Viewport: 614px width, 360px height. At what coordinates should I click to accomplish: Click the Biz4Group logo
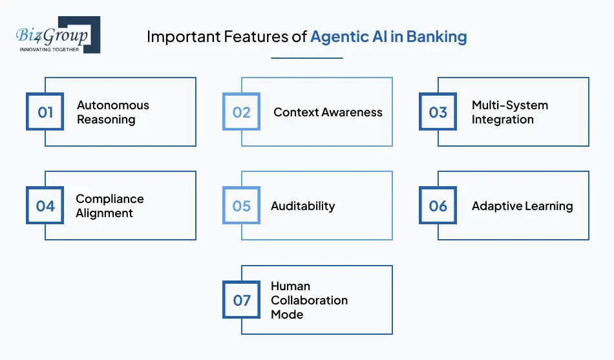pyautogui.click(x=57, y=35)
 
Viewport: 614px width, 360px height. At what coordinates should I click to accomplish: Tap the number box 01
pyautogui.click(x=45, y=112)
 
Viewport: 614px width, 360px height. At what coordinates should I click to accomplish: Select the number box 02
pyautogui.click(x=242, y=112)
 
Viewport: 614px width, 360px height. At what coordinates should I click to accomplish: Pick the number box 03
pyautogui.click(x=438, y=112)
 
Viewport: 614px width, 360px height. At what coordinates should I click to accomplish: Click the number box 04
pyautogui.click(x=45, y=206)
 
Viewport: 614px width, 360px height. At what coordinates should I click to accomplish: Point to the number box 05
pyautogui.click(x=242, y=206)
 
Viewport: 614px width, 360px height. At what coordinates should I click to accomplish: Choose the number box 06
pyautogui.click(x=438, y=206)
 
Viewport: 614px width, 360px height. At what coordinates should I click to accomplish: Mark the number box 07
pyautogui.click(x=242, y=301)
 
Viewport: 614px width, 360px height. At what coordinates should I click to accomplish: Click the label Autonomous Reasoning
pyautogui.click(x=113, y=112)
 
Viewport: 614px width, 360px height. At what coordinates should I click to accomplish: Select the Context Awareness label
pyautogui.click(x=328, y=112)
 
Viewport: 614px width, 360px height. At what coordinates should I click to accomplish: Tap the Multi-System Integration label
pyautogui.click(x=510, y=112)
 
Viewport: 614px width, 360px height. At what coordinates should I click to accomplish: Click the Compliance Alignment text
pyautogui.click(x=110, y=206)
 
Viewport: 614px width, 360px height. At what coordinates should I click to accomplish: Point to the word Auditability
pyautogui.click(x=302, y=206)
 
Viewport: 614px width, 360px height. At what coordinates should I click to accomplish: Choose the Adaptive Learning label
pyautogui.click(x=522, y=206)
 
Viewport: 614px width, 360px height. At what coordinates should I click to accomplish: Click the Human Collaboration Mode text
pyautogui.click(x=309, y=301)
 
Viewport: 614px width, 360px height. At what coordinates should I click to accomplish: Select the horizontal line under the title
pyautogui.click(x=306, y=58)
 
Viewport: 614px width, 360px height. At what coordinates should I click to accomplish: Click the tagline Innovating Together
pyautogui.click(x=50, y=49)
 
